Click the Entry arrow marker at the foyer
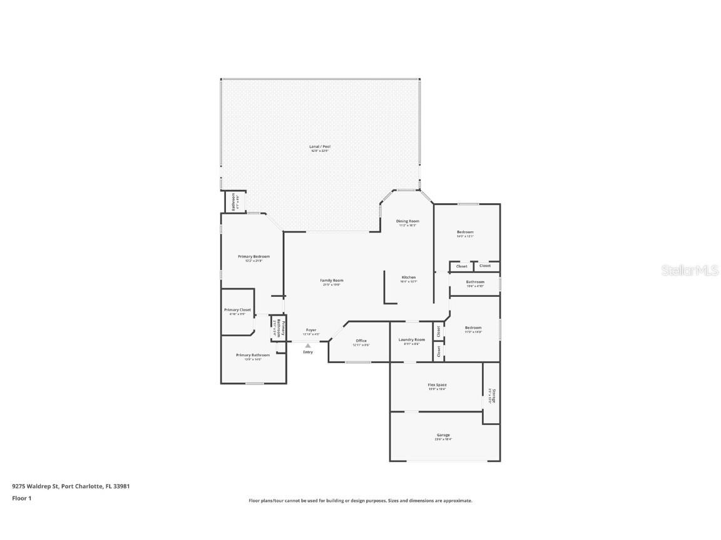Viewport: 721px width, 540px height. coord(308,345)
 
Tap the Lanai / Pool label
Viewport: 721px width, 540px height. coord(320,147)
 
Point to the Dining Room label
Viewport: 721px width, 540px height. coord(407,221)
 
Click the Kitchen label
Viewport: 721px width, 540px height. coord(408,277)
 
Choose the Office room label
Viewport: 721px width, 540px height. coord(361,341)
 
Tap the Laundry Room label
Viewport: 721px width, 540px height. coord(412,340)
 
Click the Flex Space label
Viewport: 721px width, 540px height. coord(437,385)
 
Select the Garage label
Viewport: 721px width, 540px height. coord(443,435)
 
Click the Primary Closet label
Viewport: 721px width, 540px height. coord(237,310)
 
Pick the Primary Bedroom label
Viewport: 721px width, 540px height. coord(253,256)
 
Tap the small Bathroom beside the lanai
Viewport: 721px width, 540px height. coord(233,201)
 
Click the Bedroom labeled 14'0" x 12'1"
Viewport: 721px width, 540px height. coord(465,232)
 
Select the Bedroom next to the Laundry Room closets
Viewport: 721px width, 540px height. coord(473,327)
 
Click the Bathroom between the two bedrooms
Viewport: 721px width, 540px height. coord(475,282)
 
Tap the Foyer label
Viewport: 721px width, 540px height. coord(311,330)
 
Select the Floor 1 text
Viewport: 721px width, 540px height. coord(22,498)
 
